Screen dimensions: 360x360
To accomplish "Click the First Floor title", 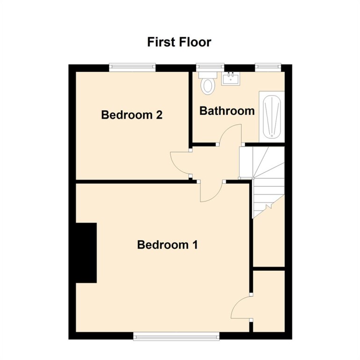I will pyautogui.click(x=179, y=42).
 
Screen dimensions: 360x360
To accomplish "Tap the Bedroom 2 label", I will pyautogui.click(x=131, y=115).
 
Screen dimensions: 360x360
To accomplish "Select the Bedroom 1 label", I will pyautogui.click(x=167, y=244).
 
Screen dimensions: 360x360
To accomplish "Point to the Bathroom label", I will pyautogui.click(x=227, y=111).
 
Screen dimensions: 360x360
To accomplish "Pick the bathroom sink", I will pyautogui.click(x=230, y=79).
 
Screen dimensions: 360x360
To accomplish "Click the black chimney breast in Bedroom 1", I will pyautogui.click(x=86, y=252).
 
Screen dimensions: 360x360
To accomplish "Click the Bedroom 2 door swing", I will pyautogui.click(x=180, y=164).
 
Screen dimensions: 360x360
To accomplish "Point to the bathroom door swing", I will pyautogui.click(x=230, y=136).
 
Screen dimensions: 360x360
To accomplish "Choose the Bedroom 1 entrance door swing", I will pyautogui.click(x=211, y=192).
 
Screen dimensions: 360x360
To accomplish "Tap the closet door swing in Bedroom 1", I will pyautogui.click(x=242, y=309).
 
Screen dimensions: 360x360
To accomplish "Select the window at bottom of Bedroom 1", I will pyautogui.click(x=176, y=335).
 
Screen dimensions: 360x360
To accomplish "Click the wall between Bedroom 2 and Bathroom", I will pyautogui.click(x=191, y=108).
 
